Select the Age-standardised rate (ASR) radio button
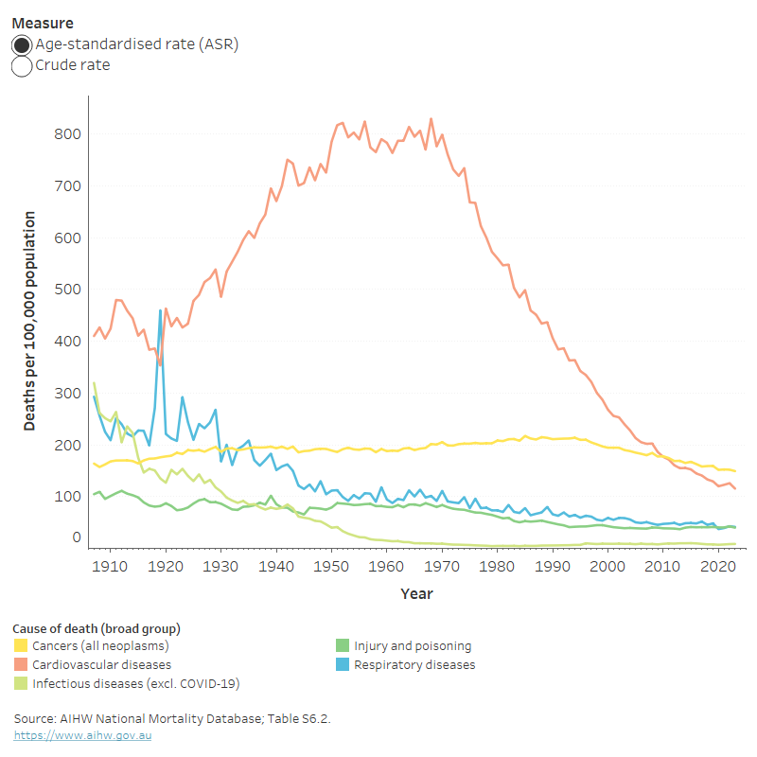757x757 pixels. click(22, 44)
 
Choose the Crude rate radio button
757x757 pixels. click(22, 66)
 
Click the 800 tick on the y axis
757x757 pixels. click(65, 134)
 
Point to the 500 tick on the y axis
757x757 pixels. click(65, 290)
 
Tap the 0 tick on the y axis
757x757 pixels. click(76, 537)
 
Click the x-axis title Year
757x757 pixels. click(416, 594)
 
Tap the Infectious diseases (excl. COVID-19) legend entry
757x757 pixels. click(121, 683)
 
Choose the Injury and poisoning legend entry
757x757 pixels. click(413, 646)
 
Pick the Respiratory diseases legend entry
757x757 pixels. click(414, 665)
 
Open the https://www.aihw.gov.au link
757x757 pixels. click(82, 735)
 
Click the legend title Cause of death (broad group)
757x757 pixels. click(97, 628)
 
